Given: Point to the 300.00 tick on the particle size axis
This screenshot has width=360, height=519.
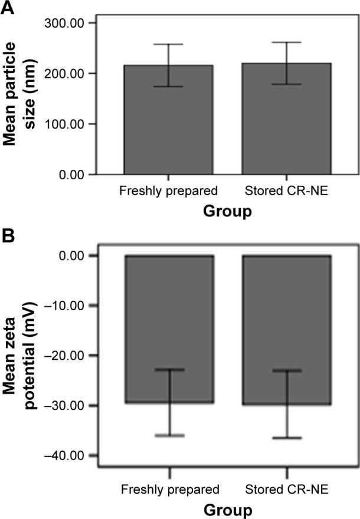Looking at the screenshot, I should tap(65, 23).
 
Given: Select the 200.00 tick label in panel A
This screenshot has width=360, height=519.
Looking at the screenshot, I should tap(65, 74).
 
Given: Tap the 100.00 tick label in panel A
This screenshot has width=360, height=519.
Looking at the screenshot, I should tap(65, 124).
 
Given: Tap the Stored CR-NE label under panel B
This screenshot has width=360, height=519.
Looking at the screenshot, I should tap(287, 490).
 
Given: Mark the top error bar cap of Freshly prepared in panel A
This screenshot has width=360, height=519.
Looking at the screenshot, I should tap(168, 44).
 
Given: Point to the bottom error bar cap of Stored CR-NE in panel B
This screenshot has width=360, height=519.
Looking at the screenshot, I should tap(287, 438).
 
